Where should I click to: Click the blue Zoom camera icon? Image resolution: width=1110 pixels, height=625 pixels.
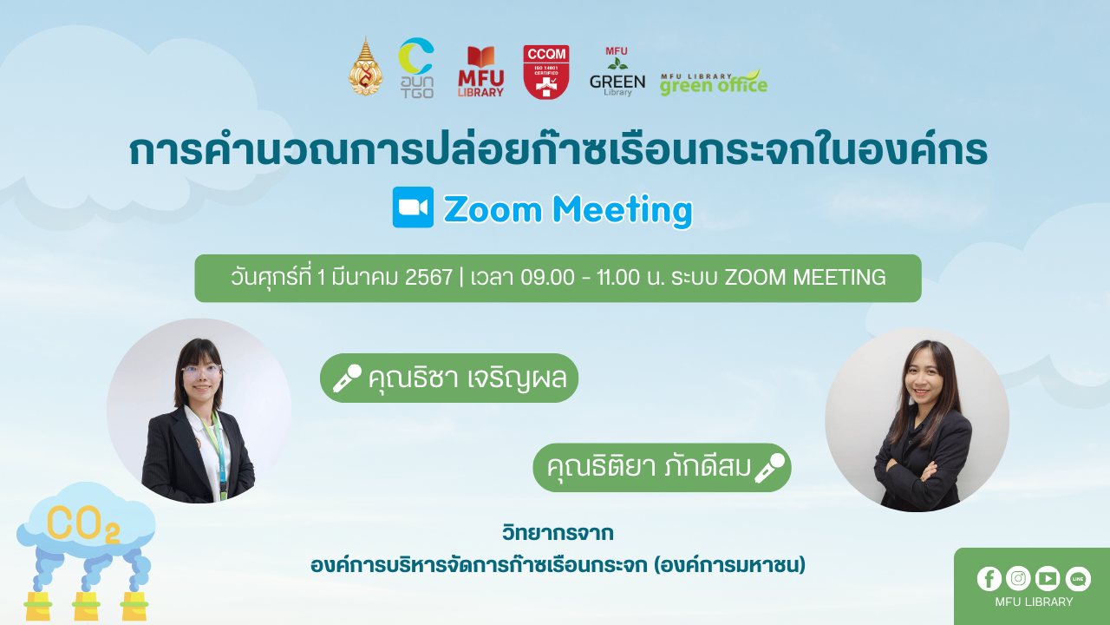413,207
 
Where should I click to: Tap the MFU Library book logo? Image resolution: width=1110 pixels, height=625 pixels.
480,71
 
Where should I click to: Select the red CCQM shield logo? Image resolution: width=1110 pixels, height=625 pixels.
546,72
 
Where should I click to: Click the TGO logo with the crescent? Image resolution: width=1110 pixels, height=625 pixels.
417,68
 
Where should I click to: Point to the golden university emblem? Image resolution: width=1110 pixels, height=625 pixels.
366,67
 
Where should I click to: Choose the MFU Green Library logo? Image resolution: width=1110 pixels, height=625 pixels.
617,71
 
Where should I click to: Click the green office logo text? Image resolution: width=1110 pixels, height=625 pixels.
714,82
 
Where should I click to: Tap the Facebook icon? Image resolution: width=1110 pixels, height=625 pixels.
989,579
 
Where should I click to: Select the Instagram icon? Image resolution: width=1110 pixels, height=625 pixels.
1018,578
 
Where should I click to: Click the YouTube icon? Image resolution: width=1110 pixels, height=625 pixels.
1048,578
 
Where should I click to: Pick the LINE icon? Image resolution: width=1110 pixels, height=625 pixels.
1078,579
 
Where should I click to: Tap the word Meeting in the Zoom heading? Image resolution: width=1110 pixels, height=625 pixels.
623,210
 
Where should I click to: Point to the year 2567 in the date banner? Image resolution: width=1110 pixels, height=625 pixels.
428,277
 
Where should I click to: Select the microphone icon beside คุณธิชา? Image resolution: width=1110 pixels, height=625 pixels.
347,378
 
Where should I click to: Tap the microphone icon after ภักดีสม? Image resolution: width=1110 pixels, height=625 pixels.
769,468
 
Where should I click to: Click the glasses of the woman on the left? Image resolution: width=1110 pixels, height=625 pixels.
201,371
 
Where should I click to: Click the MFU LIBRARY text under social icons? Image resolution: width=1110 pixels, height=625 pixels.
1034,602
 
